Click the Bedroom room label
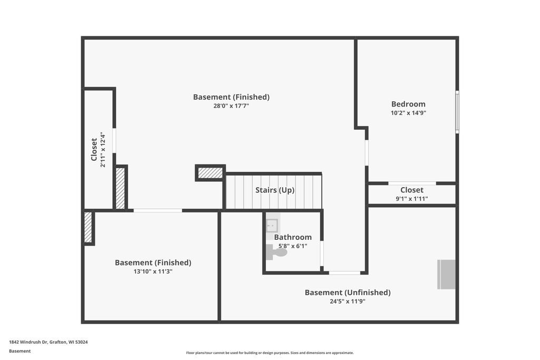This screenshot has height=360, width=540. coord(408,104)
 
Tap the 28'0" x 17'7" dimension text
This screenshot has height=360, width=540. coord(231,106)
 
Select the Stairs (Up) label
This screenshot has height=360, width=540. coord(275,190)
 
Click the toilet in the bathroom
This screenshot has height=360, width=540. coord(276,252)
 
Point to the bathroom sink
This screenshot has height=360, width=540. coord(272,226)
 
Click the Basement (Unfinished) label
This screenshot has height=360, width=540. coord(348,293)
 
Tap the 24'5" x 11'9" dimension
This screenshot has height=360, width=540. coord(348,301)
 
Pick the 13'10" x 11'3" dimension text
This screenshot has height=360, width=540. coord(153,271)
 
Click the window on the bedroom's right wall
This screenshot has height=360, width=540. coord(457,112)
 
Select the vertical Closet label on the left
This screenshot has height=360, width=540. coord(94,150)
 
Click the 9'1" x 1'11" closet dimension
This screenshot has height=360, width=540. coord(412,199)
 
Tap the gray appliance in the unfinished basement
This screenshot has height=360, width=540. coord(446,274)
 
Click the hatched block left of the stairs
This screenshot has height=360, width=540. coord(210,173)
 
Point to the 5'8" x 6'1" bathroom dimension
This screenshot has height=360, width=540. coord(293,246)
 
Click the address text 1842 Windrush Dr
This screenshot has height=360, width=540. coord(28,342)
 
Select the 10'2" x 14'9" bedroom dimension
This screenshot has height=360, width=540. coord(409,113)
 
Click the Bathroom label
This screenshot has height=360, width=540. coord(293,237)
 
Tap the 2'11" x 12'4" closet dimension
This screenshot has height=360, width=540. coord(103,150)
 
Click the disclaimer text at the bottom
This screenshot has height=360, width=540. coord(270,353)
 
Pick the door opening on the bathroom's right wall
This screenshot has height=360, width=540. coord(322,254)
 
